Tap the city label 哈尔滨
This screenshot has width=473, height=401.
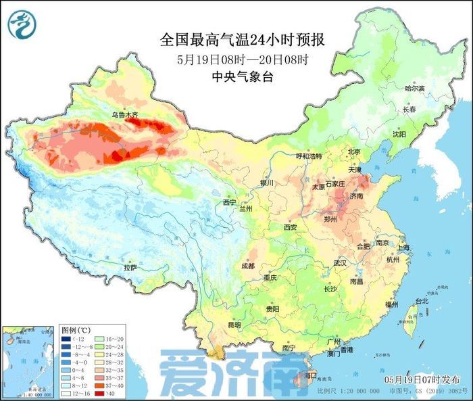414,89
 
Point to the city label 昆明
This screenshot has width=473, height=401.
234,325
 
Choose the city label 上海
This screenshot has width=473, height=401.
404,247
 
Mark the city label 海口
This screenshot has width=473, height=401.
311,374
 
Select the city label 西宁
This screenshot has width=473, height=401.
230,202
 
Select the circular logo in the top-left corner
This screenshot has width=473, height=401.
22,25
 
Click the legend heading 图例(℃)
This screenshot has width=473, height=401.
76,329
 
